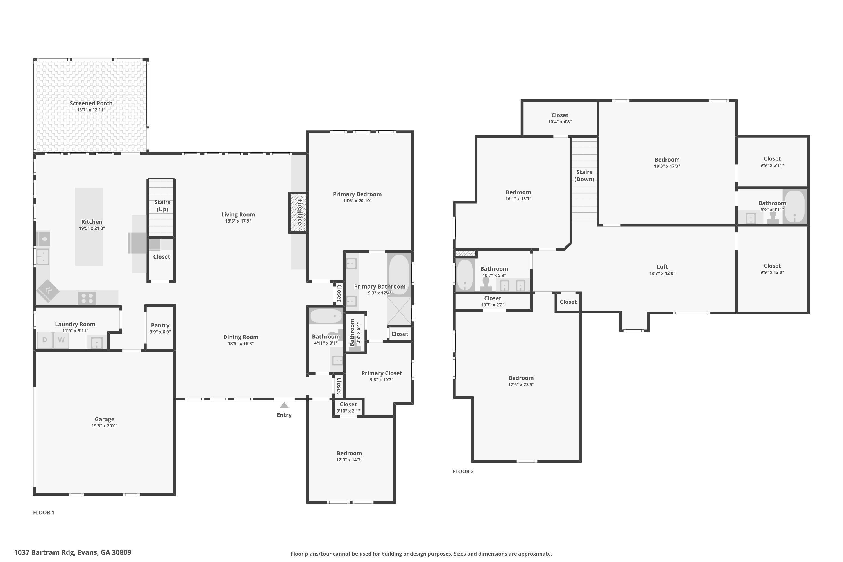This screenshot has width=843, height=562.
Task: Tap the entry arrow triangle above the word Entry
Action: coord(284,405)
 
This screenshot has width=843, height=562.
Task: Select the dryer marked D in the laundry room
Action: coord(44,340)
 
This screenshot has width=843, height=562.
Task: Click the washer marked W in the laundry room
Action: coord(61,340)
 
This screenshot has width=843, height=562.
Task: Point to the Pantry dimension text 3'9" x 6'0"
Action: coord(160,332)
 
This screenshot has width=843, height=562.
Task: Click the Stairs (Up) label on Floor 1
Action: coord(162,206)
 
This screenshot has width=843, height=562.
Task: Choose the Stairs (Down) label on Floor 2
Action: coord(584,176)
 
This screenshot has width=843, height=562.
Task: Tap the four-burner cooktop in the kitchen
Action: coord(87,298)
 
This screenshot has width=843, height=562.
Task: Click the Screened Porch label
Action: coord(91,103)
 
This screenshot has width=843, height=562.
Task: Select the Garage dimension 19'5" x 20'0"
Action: coord(104,426)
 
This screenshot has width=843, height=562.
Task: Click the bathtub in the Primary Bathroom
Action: coord(399,275)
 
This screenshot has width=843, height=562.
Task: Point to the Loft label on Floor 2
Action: coord(662,267)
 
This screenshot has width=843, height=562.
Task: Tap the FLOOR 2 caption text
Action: coord(463,471)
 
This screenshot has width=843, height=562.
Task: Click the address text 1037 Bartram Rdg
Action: coord(73,552)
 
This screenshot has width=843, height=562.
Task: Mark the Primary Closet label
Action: coord(381,373)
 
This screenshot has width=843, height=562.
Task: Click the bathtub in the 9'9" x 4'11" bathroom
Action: coord(794,207)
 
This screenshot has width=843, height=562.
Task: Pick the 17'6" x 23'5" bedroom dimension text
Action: coord(521,385)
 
